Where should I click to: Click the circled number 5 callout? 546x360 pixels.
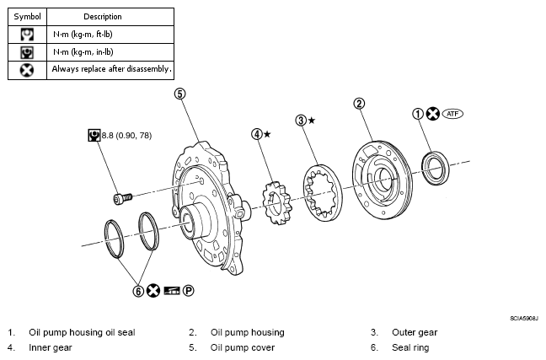179,94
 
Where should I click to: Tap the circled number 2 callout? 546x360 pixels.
359,104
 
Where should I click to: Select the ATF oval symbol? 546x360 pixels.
452,114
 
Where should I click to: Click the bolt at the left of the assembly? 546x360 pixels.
123,199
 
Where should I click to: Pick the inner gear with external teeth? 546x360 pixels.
277,203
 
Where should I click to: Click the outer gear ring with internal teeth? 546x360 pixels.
323,193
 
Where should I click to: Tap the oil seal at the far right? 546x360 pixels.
436,168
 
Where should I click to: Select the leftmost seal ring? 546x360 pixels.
115,239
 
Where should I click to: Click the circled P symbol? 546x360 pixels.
188,291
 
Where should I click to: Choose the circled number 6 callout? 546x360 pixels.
138,291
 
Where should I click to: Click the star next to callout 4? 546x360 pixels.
267,134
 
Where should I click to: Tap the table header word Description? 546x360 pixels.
103,17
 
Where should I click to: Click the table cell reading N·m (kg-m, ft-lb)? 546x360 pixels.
83,35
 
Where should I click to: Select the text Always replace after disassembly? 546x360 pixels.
111,69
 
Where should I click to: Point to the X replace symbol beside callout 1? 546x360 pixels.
433,114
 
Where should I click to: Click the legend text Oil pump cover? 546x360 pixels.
243,347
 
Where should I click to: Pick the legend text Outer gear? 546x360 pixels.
415,332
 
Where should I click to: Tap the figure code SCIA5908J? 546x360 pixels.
524,318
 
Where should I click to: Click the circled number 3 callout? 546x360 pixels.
301,121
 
